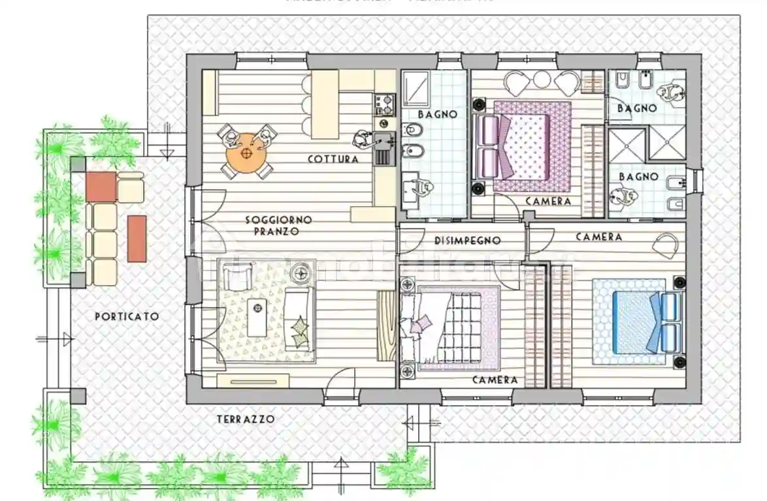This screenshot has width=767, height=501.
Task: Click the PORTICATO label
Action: point(127,316)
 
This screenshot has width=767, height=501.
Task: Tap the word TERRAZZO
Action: point(246,419)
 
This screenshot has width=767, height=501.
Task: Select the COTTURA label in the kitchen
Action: point(333,159)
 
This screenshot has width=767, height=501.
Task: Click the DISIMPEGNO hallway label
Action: point(467,241)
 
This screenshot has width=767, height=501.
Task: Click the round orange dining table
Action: point(247,153)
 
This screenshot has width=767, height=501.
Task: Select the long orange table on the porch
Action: point(137,238)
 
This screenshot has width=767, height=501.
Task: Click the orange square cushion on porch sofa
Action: point(101,187)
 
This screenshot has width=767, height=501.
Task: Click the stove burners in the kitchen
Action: point(384,102)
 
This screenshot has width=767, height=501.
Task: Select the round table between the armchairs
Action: point(542,80)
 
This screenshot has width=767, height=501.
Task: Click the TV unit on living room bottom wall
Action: point(253,380)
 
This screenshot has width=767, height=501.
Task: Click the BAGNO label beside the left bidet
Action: point(437,114)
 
